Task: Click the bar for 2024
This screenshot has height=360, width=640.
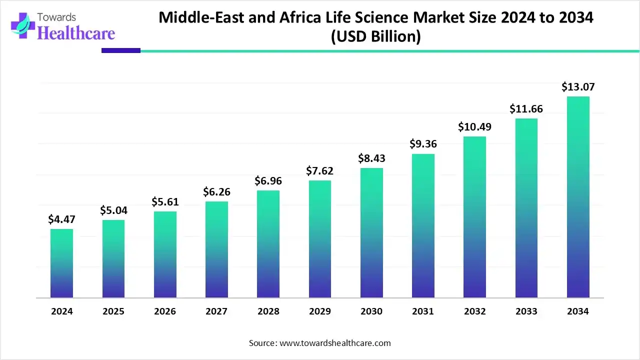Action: point(61,263)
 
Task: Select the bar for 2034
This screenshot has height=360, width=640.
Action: point(578,197)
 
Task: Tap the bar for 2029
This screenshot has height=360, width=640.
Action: point(320,239)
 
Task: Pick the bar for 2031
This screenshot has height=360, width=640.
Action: point(423,226)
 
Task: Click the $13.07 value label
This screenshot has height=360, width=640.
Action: point(578,87)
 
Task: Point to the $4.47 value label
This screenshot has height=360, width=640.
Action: point(61,219)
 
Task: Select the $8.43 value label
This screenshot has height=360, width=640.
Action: point(371,158)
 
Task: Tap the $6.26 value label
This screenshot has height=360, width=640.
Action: point(216,191)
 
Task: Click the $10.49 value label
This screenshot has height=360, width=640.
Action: point(474,127)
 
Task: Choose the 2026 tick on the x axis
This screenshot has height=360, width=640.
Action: point(165,311)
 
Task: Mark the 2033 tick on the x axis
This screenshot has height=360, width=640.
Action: point(526,311)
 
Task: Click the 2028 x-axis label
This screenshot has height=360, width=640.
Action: point(268,311)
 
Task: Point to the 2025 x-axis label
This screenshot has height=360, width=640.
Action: point(113,311)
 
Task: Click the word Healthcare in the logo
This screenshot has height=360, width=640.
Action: point(76,33)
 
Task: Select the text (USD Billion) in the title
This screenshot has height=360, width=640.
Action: point(375,37)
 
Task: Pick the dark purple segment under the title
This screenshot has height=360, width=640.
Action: point(121,50)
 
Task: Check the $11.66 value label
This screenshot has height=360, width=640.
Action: point(526,108)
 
